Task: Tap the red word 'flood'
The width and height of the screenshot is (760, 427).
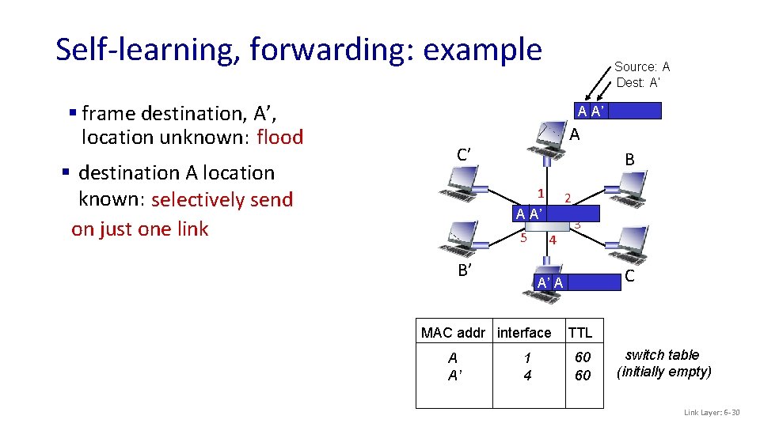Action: coord(280,138)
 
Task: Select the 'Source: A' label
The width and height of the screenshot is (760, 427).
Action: coord(641,67)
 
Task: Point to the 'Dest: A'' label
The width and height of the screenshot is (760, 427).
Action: coord(638,82)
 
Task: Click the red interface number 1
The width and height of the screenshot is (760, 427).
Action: coord(540,193)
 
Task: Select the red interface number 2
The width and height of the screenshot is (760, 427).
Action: coord(568,197)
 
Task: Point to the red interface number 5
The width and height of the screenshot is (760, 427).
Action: coord(523,236)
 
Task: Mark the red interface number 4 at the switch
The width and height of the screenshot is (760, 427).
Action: coord(553,240)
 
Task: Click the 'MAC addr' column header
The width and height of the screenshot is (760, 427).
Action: coord(454,333)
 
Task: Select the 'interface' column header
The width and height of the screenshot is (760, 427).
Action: coord(524,333)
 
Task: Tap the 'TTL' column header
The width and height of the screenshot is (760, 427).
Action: coord(580,333)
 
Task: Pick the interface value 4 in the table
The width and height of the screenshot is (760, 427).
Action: coord(527,376)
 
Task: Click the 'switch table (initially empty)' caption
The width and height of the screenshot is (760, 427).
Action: coord(664,363)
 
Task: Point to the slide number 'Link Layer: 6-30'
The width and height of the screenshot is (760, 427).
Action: coord(712,413)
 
